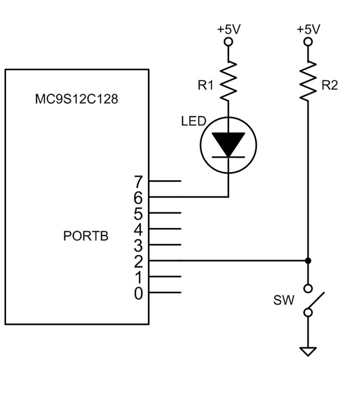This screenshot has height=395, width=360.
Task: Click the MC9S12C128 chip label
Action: [x=76, y=99]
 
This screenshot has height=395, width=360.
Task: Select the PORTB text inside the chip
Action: [x=86, y=236]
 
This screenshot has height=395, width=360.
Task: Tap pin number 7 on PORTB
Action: [x=139, y=181]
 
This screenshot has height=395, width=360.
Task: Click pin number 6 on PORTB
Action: [x=139, y=197]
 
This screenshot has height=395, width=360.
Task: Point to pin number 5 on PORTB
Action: [x=139, y=213]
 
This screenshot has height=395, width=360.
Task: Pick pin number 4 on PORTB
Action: [x=139, y=229]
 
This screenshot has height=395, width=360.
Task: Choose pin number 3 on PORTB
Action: [x=139, y=245]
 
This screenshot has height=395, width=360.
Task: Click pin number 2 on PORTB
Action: [x=139, y=261]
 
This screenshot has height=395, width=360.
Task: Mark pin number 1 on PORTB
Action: [x=139, y=277]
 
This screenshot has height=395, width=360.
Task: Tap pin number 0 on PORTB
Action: [x=139, y=293]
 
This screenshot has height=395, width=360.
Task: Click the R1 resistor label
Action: [x=206, y=85]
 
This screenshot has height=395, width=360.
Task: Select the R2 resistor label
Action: [x=329, y=85]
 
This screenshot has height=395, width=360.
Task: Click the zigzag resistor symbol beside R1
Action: [x=228, y=80]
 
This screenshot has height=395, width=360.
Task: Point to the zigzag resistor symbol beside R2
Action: [x=308, y=80]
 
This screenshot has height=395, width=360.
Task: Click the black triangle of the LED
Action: [x=228, y=144]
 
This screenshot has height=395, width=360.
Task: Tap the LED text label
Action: [x=193, y=122]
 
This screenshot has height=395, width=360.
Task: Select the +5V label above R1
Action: [x=228, y=29]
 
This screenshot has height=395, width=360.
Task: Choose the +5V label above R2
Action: [x=308, y=29]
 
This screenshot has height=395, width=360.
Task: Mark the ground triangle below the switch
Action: [x=308, y=351]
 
